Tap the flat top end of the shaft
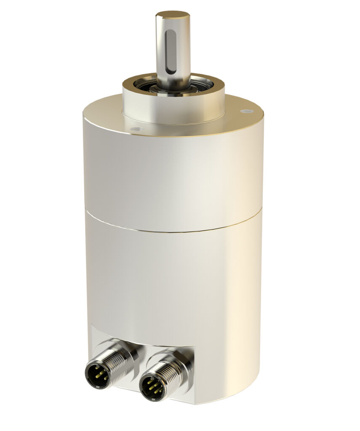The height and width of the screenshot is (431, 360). [173, 15]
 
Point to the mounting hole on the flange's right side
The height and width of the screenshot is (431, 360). [246, 112]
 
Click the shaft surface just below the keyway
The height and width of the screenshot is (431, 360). [173, 76]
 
